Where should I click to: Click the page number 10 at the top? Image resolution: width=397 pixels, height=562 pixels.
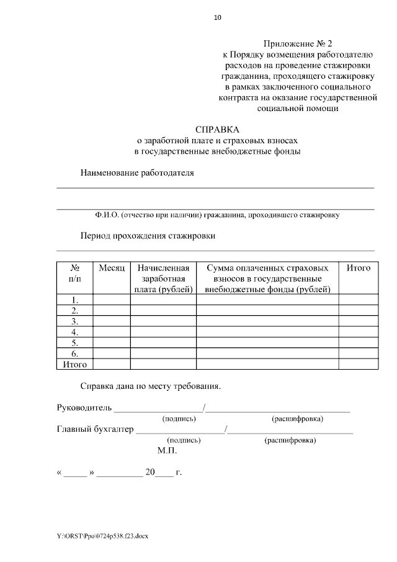(x=217, y=17)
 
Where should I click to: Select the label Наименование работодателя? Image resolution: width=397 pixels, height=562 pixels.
(x=137, y=173)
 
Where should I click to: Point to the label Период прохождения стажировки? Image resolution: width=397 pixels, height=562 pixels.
(x=148, y=236)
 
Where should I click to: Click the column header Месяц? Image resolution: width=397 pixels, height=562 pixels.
(x=112, y=268)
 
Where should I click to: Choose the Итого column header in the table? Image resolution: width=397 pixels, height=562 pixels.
(x=358, y=268)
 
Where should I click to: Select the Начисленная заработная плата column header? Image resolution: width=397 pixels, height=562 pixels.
(x=163, y=279)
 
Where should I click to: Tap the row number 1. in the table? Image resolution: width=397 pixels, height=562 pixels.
(x=74, y=300)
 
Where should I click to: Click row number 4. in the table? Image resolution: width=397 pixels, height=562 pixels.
(x=74, y=332)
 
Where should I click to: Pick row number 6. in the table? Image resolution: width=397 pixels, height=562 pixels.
(x=74, y=354)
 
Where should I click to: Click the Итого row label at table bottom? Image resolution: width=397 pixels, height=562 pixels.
(x=74, y=364)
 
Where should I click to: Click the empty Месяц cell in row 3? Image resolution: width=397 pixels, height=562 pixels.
(x=112, y=321)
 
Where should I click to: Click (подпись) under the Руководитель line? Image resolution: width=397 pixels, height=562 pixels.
(x=179, y=419)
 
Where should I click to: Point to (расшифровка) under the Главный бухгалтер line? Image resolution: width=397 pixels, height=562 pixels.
(x=290, y=440)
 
